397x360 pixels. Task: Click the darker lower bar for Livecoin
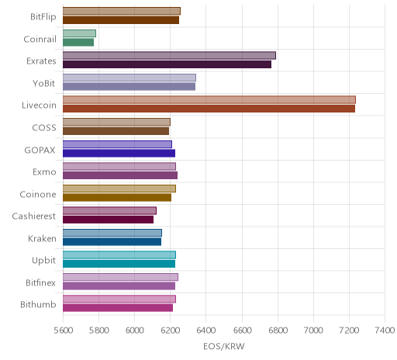pos(209,109)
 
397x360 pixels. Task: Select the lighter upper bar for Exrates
pos(169,55)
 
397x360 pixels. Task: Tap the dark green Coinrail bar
pos(78,42)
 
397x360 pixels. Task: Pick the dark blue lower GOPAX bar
pos(119,153)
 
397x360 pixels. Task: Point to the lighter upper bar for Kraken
pos(112,233)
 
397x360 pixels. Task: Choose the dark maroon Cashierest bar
pos(108,220)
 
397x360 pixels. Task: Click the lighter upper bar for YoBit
pos(129,78)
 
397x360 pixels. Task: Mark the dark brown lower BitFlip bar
pos(121,20)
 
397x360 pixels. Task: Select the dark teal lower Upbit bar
pos(119,264)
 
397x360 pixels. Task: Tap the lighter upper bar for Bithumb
pos(119,299)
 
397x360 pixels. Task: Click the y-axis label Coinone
pos(38,194)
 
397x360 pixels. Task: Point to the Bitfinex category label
pos(40,282)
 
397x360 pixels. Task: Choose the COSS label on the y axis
pos(44,127)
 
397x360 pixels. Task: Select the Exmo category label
pos(44,172)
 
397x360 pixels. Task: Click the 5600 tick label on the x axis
pos(64,331)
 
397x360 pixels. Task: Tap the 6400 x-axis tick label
pos(206,331)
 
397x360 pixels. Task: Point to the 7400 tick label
pos(385,331)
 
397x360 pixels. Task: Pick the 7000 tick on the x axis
pos(313,331)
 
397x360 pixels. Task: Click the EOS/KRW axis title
pos(224,346)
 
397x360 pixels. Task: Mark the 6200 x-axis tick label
pos(170,331)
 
